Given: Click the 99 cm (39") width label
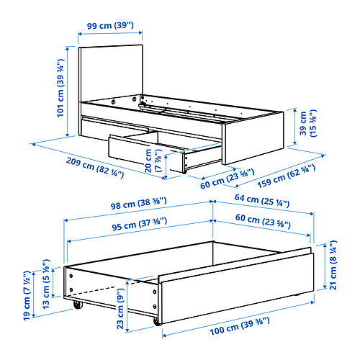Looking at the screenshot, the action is click(x=110, y=25).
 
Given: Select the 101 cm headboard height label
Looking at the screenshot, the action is click(x=60, y=88).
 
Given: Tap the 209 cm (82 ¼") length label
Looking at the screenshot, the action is click(x=95, y=168).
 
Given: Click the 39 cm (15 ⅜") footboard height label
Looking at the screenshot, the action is click(x=308, y=123).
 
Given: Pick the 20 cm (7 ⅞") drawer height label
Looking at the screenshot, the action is click(x=153, y=161).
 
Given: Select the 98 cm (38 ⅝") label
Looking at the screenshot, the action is click(x=138, y=204).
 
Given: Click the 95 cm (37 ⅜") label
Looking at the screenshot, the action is click(x=139, y=224).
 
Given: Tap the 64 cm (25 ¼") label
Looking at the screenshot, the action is click(x=262, y=201).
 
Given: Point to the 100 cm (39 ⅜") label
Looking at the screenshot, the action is click(x=240, y=326).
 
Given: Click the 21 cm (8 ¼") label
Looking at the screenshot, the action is click(x=333, y=265).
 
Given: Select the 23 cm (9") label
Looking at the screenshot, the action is click(x=120, y=309).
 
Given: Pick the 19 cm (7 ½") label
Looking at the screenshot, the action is click(x=27, y=295).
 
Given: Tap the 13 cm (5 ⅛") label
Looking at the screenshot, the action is click(x=46, y=284).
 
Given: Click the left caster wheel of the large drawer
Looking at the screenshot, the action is click(x=78, y=305).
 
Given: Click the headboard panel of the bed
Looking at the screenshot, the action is click(x=111, y=73).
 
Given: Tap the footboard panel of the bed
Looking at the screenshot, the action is click(x=253, y=138).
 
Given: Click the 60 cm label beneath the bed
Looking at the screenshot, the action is click(x=227, y=179).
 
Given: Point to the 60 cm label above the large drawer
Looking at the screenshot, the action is click(x=263, y=221).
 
